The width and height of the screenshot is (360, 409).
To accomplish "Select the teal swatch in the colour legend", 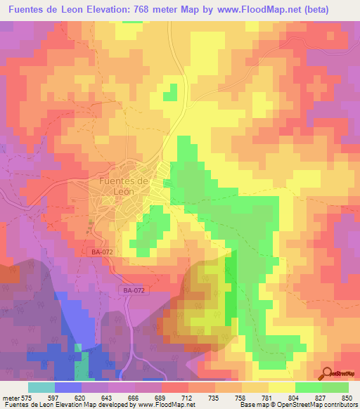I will [41, 387].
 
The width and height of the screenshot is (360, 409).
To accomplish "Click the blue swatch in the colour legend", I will [67, 387].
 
